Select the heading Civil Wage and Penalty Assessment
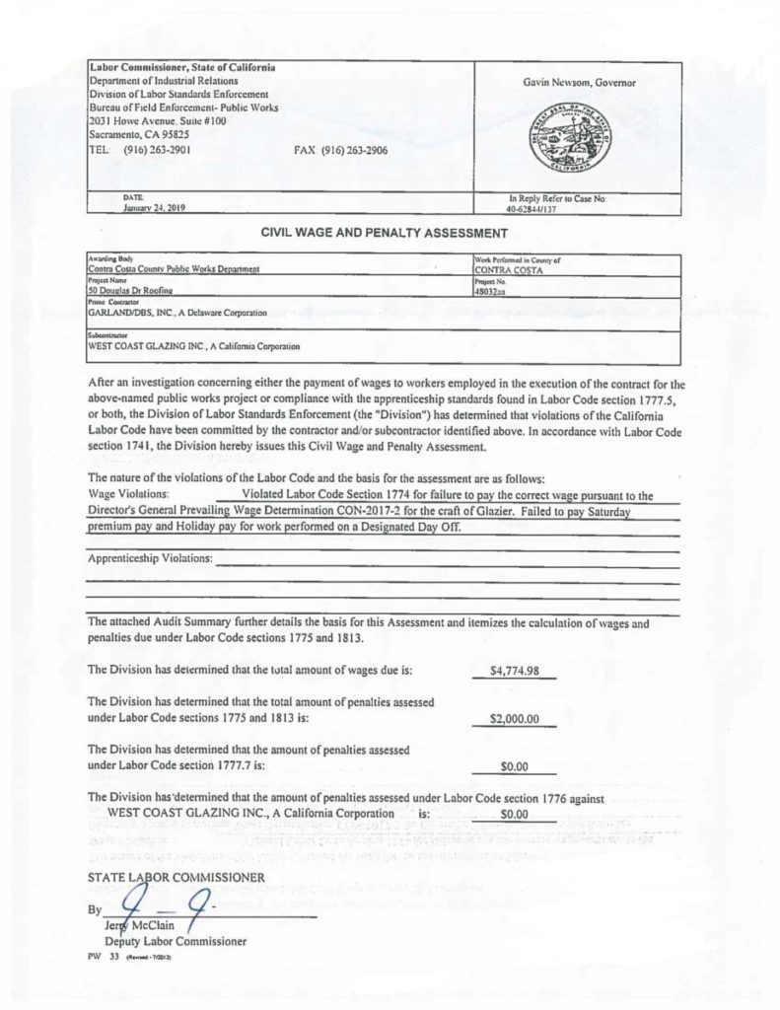click(383, 234)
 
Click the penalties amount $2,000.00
click(514, 719)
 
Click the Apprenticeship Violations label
click(150, 559)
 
